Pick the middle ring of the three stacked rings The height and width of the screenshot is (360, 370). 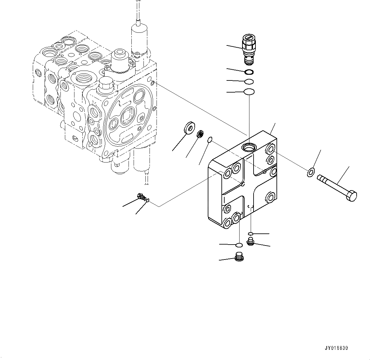click(x=249, y=81)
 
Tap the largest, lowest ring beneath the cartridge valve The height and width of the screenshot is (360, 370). click(x=249, y=92)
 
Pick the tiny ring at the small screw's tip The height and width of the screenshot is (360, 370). click(x=148, y=200)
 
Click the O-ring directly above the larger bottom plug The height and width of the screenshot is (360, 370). click(x=239, y=245)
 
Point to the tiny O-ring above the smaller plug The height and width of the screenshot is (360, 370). click(x=251, y=234)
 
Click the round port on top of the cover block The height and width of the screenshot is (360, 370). click(x=248, y=147)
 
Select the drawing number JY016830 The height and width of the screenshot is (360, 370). click(x=336, y=348)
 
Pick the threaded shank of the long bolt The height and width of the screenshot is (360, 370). click(x=331, y=185)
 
